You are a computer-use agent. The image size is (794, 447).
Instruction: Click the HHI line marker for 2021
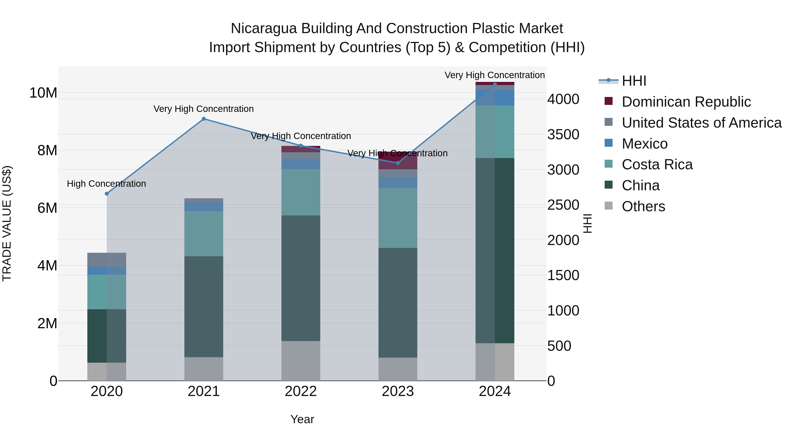[x=204, y=119]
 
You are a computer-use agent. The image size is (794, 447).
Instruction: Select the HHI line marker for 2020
[x=107, y=194]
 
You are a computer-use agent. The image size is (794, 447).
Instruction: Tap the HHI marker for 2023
[x=398, y=163]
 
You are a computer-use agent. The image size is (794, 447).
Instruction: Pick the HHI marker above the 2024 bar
[x=495, y=84]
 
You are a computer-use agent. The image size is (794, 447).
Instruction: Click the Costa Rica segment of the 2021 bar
[x=204, y=234]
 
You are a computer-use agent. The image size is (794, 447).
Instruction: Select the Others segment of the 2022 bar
[x=301, y=361]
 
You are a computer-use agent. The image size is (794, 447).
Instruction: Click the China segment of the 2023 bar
[x=398, y=302]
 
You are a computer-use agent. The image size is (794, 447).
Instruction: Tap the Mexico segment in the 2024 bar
[x=495, y=98]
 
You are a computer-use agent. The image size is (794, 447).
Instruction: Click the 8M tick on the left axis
[x=47, y=151]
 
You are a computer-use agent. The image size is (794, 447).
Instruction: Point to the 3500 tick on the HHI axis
[x=563, y=134]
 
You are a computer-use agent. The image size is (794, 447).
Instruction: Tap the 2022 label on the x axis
[x=301, y=391]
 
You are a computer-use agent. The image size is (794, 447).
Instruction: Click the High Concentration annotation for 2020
[x=106, y=184]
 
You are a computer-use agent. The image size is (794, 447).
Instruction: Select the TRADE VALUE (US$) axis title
[x=7, y=223]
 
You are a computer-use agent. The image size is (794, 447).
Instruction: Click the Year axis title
[x=302, y=419]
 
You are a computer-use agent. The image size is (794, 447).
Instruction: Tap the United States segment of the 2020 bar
[x=107, y=260]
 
